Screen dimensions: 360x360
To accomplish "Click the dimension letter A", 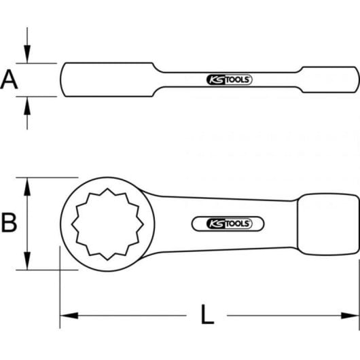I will point(9,80).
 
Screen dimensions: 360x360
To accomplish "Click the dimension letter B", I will point(9,222).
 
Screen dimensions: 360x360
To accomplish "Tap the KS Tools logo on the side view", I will point(228,80).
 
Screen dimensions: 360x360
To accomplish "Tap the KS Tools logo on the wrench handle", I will point(228,222).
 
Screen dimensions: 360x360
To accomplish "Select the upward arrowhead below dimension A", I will point(27,103).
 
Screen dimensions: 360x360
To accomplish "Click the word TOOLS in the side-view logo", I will point(238,80).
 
